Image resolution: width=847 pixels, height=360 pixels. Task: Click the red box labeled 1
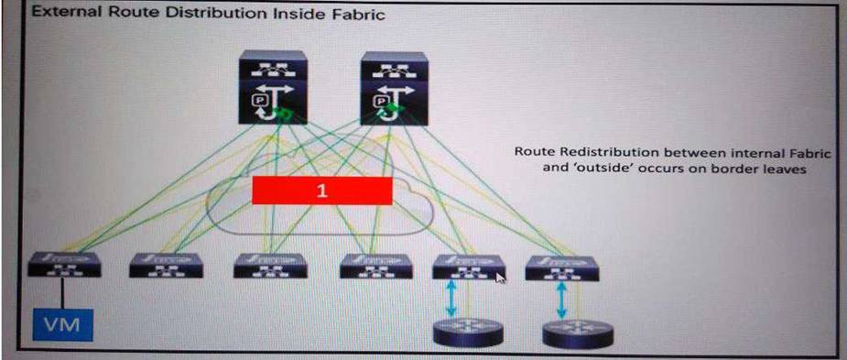click(x=322, y=191)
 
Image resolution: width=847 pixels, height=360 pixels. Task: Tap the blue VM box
click(x=62, y=324)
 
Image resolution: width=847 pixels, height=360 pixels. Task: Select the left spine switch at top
click(x=274, y=87)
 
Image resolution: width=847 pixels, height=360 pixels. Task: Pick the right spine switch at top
click(x=395, y=88)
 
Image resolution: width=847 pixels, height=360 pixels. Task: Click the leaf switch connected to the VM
click(x=64, y=265)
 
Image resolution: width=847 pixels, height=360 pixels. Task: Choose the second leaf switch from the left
click(x=166, y=266)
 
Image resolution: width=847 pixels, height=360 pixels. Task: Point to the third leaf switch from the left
click(x=270, y=266)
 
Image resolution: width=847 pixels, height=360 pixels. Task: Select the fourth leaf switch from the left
click(x=376, y=266)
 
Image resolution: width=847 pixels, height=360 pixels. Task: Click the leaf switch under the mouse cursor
click(x=469, y=267)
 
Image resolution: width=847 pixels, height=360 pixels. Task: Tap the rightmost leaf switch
click(x=562, y=268)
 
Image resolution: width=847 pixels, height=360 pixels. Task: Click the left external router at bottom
click(x=469, y=333)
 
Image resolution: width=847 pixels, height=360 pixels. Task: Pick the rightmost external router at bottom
click(x=578, y=334)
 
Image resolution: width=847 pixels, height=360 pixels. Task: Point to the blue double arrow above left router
click(x=451, y=299)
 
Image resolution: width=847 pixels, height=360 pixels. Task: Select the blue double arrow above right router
click(x=561, y=300)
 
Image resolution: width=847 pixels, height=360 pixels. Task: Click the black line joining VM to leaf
click(x=62, y=293)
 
